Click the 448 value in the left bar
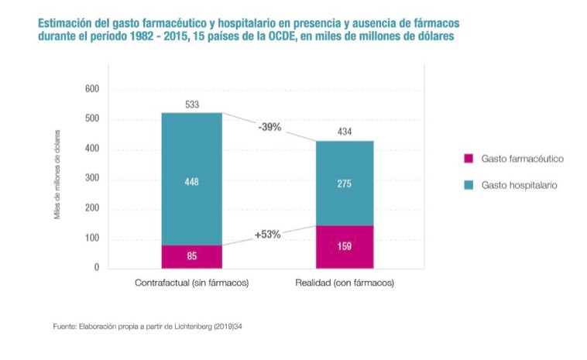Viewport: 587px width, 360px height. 191,181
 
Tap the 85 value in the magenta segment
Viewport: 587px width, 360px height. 191,256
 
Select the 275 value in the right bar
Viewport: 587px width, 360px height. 345,184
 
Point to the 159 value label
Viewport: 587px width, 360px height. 345,247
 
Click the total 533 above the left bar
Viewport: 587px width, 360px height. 191,104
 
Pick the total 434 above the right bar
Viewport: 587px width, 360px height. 345,132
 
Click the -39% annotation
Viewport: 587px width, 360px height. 270,126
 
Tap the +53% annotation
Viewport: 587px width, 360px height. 267,234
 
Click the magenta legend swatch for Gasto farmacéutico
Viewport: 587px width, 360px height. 468,159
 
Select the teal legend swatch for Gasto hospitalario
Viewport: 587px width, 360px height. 468,186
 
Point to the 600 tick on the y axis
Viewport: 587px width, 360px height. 92,90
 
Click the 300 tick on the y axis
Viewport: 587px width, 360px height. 92,179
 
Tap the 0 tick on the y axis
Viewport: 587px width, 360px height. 97,268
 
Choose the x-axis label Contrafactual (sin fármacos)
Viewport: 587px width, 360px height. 191,283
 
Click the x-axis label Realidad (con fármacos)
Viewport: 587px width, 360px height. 345,283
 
